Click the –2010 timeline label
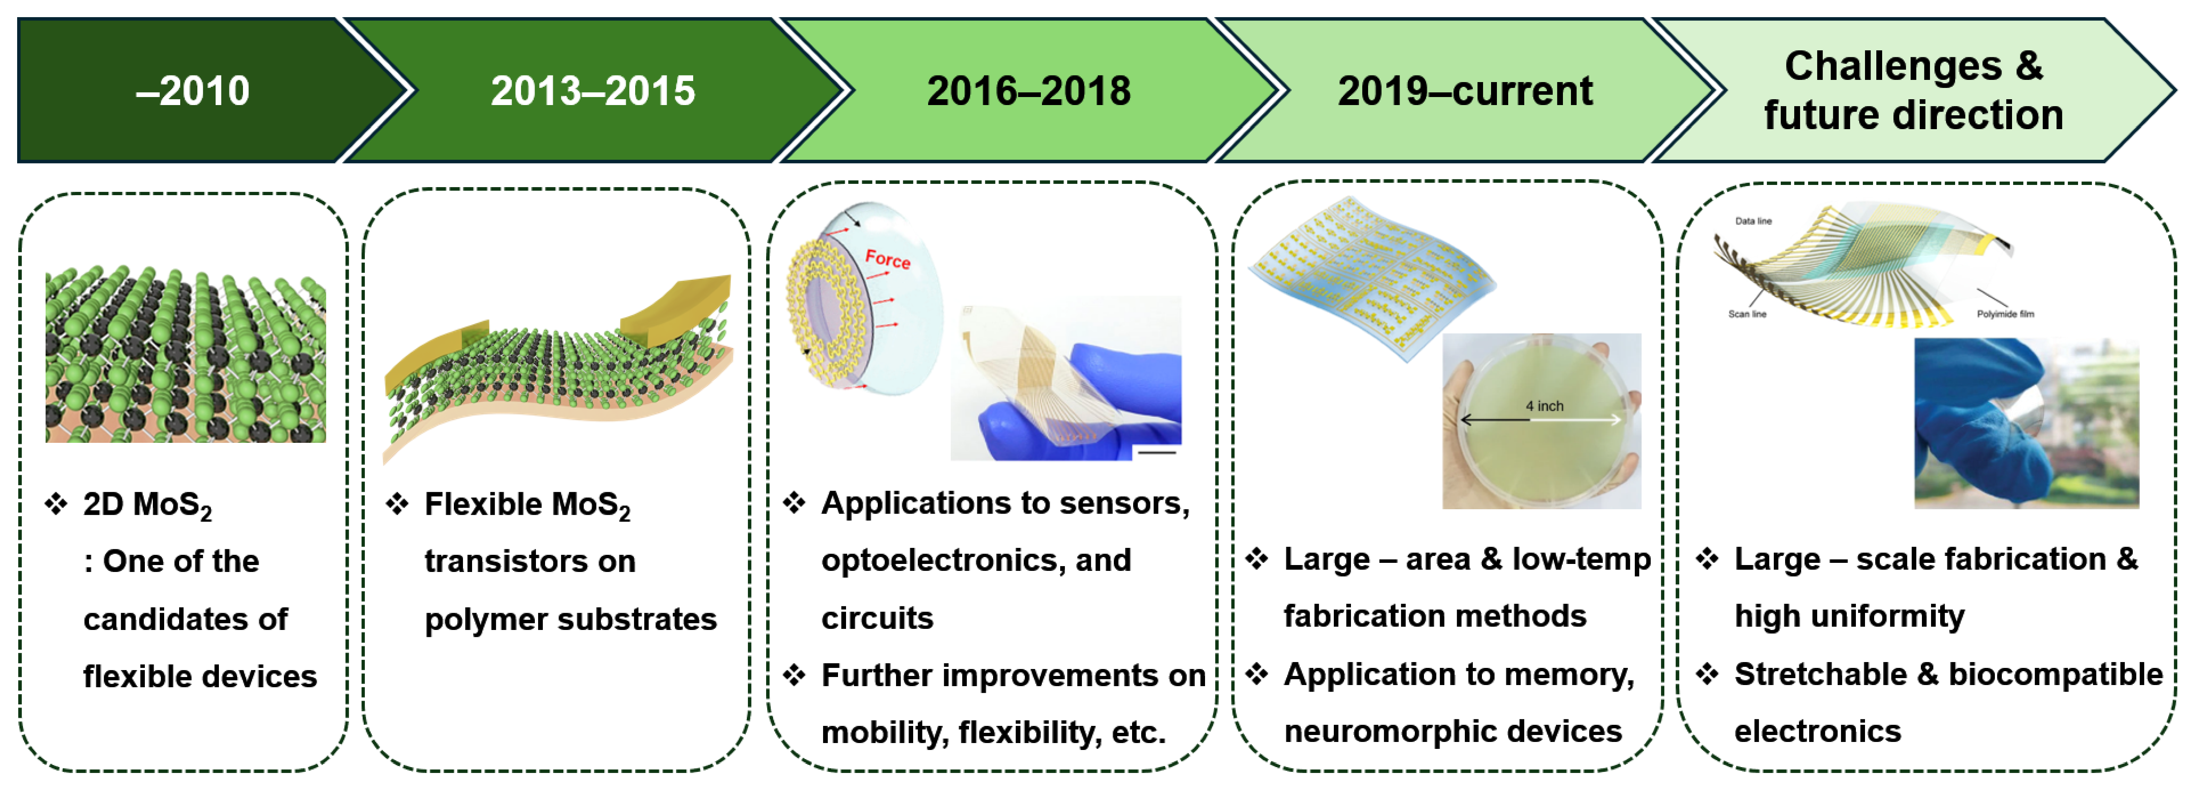pyautogui.click(x=193, y=90)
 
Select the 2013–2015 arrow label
pyautogui.click(x=593, y=90)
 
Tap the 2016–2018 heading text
pyautogui.click(x=1028, y=90)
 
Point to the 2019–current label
pyautogui.click(x=1464, y=90)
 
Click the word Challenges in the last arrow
pyautogui.click(x=1893, y=66)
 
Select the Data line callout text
pyautogui.click(x=1753, y=221)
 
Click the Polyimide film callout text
pyautogui.click(x=2005, y=314)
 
